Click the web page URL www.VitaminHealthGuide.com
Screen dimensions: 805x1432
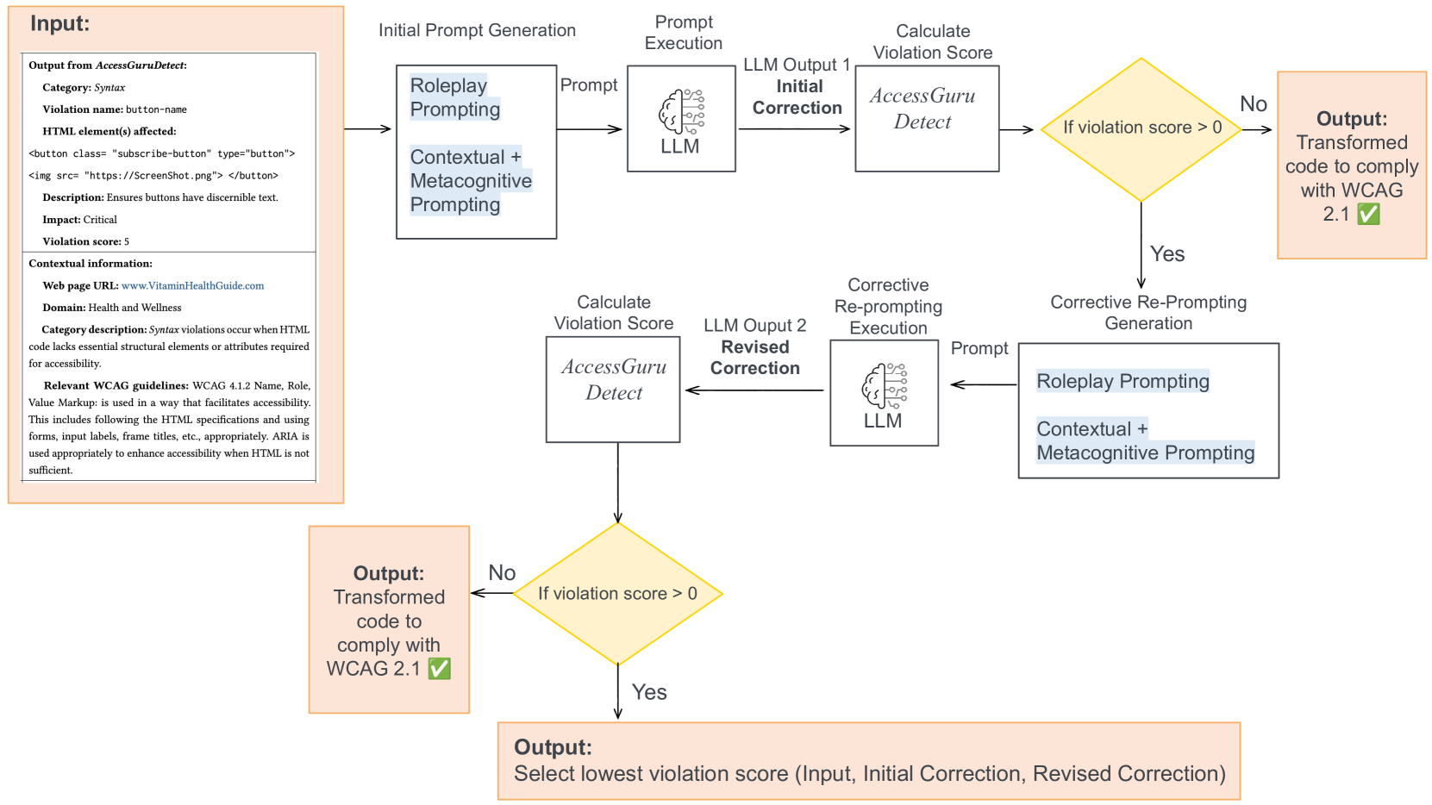[x=192, y=286]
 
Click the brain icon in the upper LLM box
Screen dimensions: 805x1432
[x=681, y=111]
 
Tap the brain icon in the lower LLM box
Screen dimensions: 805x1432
[x=884, y=385]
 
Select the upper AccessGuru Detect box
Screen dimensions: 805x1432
[x=926, y=119]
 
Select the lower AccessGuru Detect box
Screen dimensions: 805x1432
[x=613, y=390]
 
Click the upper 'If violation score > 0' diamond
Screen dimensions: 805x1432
[x=1141, y=129]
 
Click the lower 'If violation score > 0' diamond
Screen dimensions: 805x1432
[x=617, y=594]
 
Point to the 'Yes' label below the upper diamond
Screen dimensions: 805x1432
[x=1166, y=254]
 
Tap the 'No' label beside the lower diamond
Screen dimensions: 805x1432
[x=502, y=573]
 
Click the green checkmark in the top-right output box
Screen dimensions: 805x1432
[x=1368, y=214]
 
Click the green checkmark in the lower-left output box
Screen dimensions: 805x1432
[x=440, y=669]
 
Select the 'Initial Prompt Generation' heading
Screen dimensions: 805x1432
[x=477, y=30]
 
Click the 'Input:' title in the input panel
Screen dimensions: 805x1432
[x=59, y=23]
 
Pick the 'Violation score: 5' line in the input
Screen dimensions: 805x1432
[x=85, y=242]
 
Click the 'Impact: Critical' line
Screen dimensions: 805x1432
[x=79, y=220]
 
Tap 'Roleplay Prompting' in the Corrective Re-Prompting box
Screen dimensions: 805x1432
[x=1122, y=382]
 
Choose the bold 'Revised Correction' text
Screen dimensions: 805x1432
[x=754, y=358]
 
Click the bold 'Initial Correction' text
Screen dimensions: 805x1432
[x=797, y=97]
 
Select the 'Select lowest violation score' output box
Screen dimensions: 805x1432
[x=868, y=761]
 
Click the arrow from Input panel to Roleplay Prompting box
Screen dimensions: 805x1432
[x=369, y=129]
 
